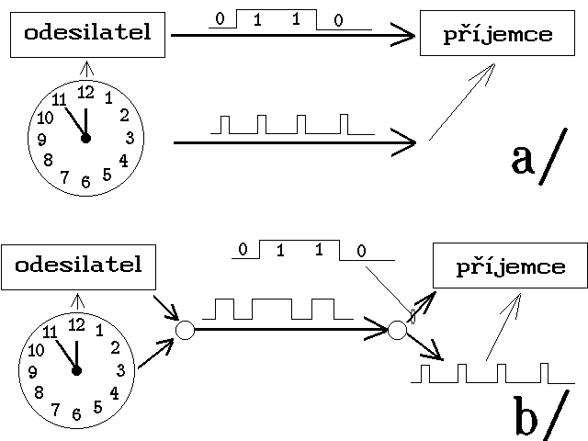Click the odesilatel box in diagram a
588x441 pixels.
87,35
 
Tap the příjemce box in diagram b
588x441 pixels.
510,268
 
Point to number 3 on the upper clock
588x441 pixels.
130,139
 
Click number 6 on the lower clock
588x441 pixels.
75,413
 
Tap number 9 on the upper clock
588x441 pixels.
42,140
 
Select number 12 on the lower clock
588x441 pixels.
76,323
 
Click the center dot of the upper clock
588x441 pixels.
85,139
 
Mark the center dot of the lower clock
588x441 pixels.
76,370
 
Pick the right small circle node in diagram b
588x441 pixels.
398,329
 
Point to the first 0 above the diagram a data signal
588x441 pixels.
217,17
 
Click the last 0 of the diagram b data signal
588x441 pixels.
361,250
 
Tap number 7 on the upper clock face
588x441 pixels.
63,176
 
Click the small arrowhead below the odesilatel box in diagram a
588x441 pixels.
86,66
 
